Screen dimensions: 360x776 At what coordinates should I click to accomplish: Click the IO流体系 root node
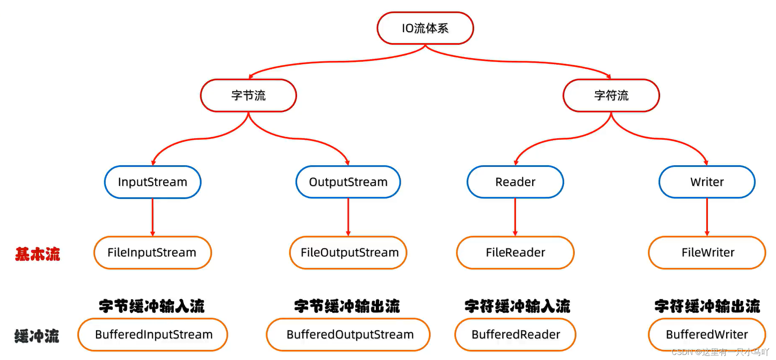[x=425, y=28]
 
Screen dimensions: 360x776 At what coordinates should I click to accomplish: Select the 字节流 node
[x=249, y=95]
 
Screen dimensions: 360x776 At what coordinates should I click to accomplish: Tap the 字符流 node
[x=611, y=95]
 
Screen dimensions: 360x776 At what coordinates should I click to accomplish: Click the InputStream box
[x=153, y=182]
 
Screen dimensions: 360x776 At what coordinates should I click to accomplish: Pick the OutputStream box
[x=348, y=182]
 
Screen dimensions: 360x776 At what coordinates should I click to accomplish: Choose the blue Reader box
[x=515, y=182]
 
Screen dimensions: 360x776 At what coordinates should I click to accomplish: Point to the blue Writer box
[x=707, y=182]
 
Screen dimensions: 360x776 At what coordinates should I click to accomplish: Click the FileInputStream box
[x=152, y=253]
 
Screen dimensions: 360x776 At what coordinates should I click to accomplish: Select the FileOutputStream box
[x=349, y=253]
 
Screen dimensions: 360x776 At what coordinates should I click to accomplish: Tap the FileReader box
[x=515, y=253]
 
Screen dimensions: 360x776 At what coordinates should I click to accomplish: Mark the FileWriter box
[x=708, y=253]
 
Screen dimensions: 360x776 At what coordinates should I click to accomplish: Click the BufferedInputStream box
[x=153, y=335]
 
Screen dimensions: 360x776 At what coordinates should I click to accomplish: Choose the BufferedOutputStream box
[x=349, y=335]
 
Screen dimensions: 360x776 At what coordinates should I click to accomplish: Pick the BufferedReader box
[x=515, y=335]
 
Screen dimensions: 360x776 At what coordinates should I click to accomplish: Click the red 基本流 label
[x=38, y=254]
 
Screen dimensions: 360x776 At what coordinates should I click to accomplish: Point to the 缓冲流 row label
[x=37, y=336]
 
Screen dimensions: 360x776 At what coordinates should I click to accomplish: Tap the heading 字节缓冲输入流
[x=152, y=306]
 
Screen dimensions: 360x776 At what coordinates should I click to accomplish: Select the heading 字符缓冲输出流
[x=707, y=306]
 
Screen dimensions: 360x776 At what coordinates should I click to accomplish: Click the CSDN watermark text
[x=720, y=352]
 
